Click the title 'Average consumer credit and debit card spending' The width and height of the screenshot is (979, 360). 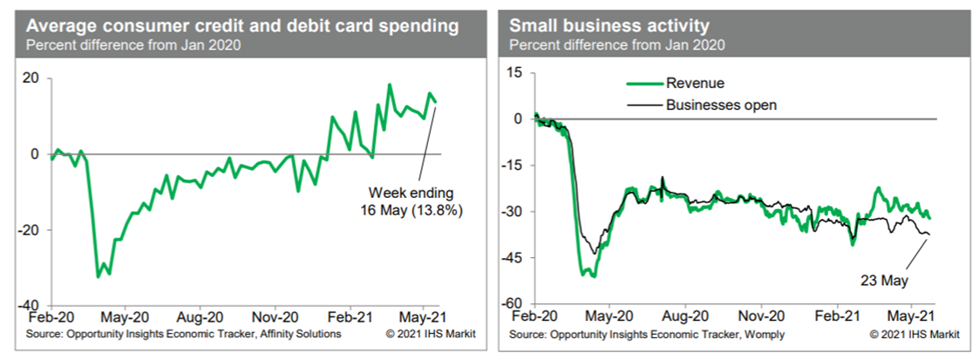pos(243,25)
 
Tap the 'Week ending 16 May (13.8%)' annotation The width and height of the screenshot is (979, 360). pos(411,202)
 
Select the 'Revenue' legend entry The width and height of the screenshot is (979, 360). pos(695,84)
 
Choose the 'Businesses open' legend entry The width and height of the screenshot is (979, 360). pos(720,105)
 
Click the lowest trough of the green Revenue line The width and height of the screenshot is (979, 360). pos(593,276)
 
